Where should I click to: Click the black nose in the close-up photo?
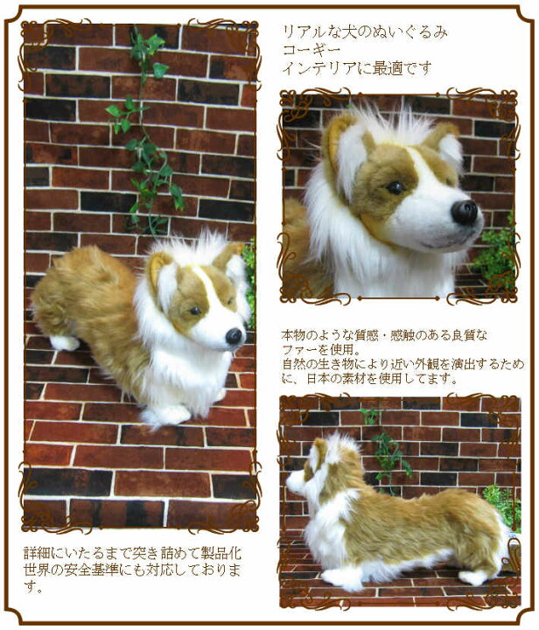[465, 212]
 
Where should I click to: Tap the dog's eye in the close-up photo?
[395, 187]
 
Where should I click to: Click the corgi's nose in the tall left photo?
[234, 336]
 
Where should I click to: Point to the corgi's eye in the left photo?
[195, 311]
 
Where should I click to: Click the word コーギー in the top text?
[311, 50]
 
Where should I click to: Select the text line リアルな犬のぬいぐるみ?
[365, 31]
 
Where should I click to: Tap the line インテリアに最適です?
[357, 68]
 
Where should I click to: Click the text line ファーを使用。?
[318, 349]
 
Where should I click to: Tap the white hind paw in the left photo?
[64, 343]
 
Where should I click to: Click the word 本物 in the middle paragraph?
[294, 334]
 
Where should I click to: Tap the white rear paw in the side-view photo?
[474, 577]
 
